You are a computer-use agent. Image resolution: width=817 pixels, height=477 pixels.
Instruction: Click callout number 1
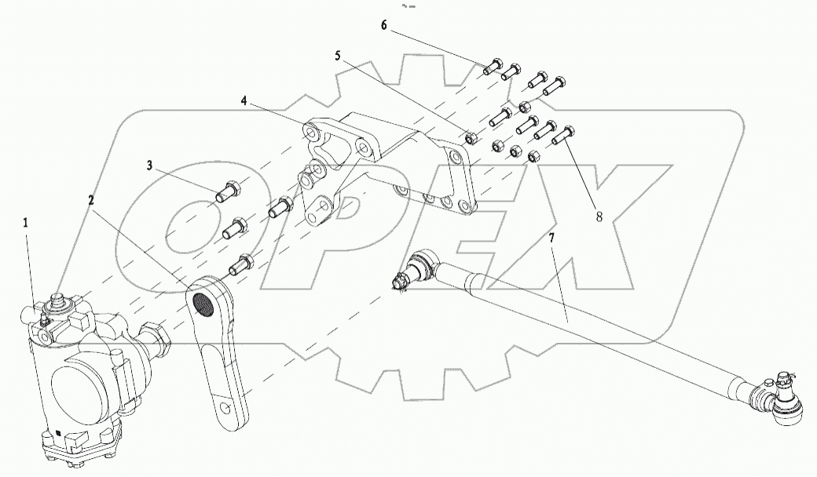click(x=26, y=223)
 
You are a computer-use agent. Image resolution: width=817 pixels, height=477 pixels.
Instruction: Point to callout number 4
click(x=244, y=101)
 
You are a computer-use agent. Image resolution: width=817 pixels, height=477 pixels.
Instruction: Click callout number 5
click(x=338, y=56)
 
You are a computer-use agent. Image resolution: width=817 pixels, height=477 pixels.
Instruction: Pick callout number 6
click(x=384, y=26)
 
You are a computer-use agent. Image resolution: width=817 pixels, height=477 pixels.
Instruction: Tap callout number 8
click(x=599, y=217)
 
